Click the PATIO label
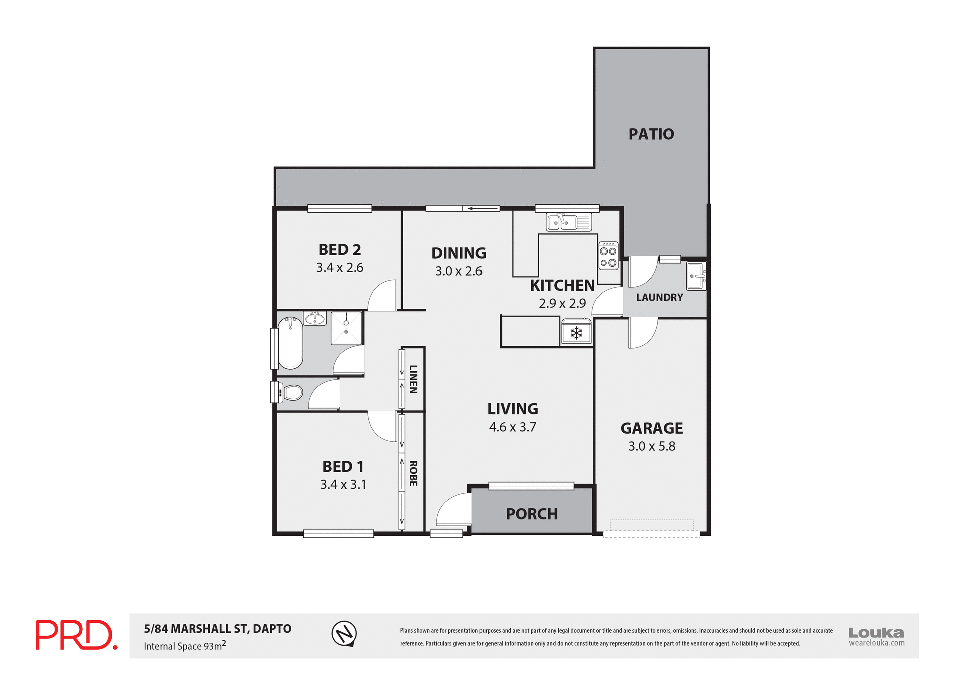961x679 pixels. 651,134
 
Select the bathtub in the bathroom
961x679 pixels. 290,343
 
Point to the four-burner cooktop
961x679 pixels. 608,256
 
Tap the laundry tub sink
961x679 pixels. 696,276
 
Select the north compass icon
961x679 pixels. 344,634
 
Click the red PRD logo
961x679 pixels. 76,635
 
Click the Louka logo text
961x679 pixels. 876,632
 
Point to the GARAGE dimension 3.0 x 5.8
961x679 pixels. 651,446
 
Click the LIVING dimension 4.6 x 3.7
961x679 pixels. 512,427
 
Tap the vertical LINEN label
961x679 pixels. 413,379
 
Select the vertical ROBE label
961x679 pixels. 413,473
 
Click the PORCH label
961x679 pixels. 531,514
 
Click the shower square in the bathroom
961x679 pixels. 346,328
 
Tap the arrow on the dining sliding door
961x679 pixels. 481,208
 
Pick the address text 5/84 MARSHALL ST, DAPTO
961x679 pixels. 217,629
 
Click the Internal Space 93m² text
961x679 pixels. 185,646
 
